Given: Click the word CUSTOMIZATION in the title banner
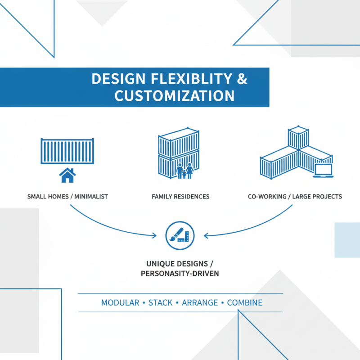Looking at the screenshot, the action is [175, 96].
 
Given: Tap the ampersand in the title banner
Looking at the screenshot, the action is [242, 79].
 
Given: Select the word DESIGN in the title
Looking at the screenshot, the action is [118, 79].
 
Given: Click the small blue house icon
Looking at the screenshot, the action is [67, 175].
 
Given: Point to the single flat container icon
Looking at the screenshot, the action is [67, 151].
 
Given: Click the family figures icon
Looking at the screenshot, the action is [185, 171].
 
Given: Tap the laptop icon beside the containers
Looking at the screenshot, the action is [323, 171].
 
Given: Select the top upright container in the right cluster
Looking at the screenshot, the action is [298, 137].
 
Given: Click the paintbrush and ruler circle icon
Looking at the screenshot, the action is [180, 235].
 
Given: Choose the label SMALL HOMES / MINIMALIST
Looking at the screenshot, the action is [67, 197].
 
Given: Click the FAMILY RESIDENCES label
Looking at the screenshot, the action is [180, 197].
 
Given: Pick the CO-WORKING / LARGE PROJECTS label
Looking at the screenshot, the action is [295, 197].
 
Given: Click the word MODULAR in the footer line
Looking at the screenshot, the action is [120, 302].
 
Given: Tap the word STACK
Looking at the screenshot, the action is [160, 302].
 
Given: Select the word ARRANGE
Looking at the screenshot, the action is [200, 302].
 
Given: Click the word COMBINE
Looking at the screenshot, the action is [244, 302].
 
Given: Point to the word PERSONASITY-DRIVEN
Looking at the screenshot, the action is [180, 274].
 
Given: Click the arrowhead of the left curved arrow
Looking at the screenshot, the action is [154, 235].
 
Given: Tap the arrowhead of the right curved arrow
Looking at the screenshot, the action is [206, 235].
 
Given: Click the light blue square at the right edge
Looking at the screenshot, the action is [347, 240].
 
